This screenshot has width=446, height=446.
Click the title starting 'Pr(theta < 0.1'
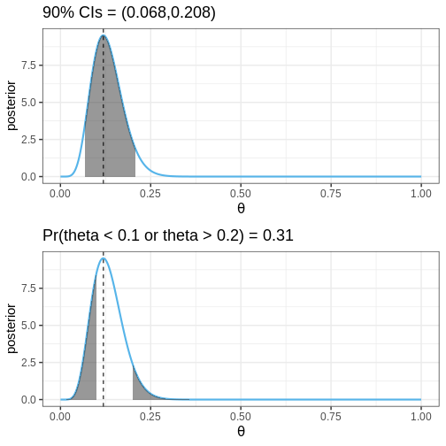(168, 235)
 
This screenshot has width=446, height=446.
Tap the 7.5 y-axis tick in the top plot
(28, 65)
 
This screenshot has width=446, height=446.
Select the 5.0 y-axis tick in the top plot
(28, 103)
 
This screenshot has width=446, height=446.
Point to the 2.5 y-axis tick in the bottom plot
(28, 363)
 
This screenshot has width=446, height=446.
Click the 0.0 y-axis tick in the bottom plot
(28, 400)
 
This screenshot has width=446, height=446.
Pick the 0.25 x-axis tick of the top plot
(150, 194)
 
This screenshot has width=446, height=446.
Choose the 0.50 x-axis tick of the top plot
(241, 194)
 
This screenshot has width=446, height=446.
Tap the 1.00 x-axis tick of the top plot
(421, 194)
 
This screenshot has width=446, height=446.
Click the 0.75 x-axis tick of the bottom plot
(331, 417)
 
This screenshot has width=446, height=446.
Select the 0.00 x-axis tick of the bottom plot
(60, 417)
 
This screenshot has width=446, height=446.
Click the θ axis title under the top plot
(241, 208)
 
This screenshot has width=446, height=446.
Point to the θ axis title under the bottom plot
(241, 431)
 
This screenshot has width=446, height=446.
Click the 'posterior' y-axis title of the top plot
(12, 105)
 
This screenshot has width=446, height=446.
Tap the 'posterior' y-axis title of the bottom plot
(12, 328)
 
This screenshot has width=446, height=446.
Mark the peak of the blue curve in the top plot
(104, 35)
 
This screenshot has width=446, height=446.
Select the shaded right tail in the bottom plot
(142, 389)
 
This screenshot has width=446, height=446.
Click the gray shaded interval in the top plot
(109, 118)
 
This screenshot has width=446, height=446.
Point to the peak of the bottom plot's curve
(104, 258)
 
